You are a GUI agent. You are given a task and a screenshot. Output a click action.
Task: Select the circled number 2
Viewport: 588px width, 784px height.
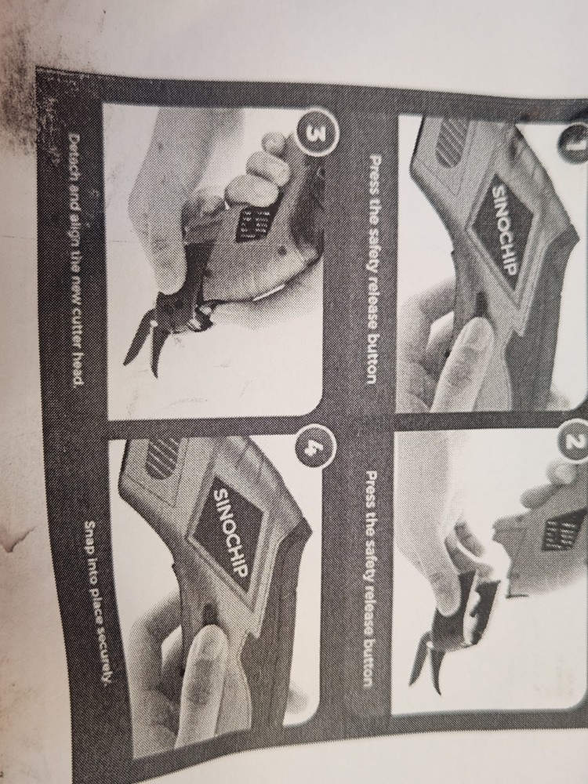tap(575, 443)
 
